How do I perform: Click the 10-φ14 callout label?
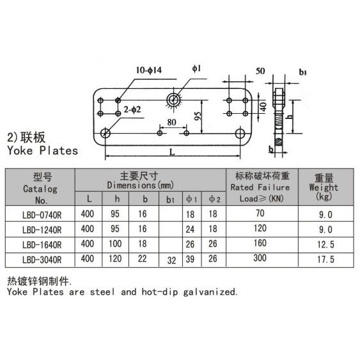tap(149, 70)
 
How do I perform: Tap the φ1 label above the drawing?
tap(196, 68)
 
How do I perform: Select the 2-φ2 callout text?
tap(132, 110)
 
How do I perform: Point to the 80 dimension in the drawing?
tap(172, 122)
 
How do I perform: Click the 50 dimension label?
tap(260, 71)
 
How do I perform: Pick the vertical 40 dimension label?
tap(263, 107)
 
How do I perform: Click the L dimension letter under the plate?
tap(172, 152)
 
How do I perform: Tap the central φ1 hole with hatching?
tap(173, 100)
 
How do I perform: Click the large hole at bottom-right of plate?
tap(240, 134)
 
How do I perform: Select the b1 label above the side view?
tap(302, 72)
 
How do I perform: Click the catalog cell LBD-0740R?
tap(42, 215)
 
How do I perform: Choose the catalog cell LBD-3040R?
tap(42, 260)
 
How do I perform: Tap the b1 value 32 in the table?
tap(171, 260)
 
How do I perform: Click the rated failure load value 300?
tap(260, 258)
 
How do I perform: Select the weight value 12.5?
tap(325, 244)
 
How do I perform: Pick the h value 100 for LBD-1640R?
tap(115, 244)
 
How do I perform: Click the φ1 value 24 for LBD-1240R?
tap(190, 230)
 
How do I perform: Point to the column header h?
tap(117, 199)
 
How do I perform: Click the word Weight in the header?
tap(324, 187)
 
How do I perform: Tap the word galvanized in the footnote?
tap(210, 292)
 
